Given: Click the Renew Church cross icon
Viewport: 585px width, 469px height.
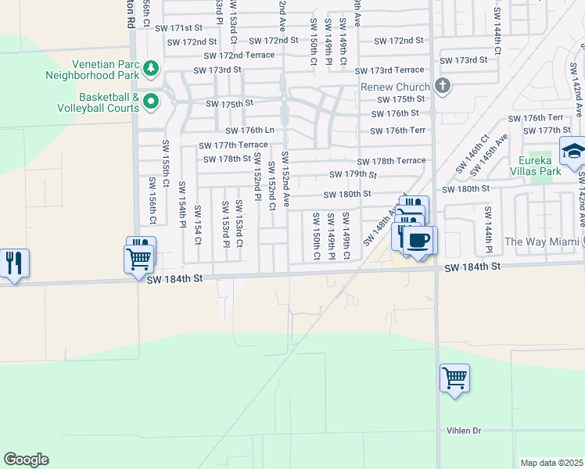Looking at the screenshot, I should [x=443, y=86].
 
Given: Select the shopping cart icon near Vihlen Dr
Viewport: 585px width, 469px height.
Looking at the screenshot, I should [x=454, y=378].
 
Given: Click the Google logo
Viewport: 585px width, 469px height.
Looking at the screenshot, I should [x=26, y=460].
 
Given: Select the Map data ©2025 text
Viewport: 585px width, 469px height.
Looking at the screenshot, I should [x=551, y=463].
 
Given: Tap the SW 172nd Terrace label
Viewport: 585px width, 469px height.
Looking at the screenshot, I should [x=239, y=55].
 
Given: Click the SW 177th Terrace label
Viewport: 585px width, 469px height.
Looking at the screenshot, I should [x=233, y=145].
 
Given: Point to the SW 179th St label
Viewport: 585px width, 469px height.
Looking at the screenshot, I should [x=354, y=174].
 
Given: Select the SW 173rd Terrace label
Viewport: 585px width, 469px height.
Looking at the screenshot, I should [x=398, y=70].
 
